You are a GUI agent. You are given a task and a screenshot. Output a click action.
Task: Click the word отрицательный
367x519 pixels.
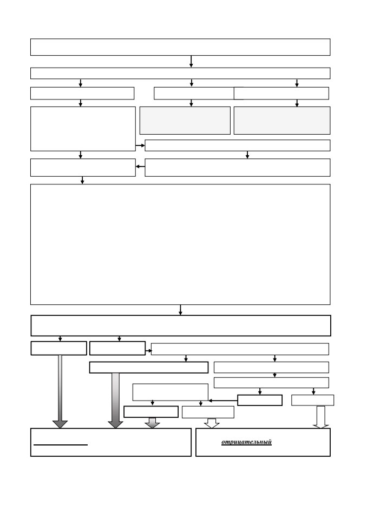[246, 442]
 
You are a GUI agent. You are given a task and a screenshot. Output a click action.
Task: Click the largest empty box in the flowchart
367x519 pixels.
[180, 244]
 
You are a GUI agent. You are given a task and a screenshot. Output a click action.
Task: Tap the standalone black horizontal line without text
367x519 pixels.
[61, 445]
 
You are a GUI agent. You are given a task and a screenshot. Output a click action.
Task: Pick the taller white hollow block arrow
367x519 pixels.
[320, 417]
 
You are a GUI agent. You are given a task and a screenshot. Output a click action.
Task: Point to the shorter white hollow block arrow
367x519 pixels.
[212, 423]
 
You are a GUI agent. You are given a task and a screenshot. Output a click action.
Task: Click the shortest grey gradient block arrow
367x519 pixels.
[153, 423]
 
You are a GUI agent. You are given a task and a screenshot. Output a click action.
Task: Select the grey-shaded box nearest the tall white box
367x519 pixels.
[185, 121]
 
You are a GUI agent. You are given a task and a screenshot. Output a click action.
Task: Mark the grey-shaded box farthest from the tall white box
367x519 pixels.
[282, 121]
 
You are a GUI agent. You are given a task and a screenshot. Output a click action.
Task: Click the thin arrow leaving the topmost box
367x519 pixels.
[191, 62]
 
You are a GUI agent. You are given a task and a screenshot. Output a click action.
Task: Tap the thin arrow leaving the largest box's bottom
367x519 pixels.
[180, 310]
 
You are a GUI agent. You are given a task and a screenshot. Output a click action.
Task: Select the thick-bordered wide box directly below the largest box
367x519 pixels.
[181, 325]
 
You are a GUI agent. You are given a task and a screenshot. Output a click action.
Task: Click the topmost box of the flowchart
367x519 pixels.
[180, 47]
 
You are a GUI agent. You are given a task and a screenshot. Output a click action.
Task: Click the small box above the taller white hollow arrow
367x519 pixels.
[313, 400]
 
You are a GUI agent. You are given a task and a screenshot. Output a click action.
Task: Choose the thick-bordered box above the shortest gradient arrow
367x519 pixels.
[151, 412]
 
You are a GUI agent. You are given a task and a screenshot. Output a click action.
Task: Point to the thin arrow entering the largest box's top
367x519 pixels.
[82, 181]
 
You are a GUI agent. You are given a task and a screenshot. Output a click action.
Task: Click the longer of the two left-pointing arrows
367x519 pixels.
[223, 401]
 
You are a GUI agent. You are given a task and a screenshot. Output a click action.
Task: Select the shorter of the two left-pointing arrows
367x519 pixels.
[140, 167]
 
